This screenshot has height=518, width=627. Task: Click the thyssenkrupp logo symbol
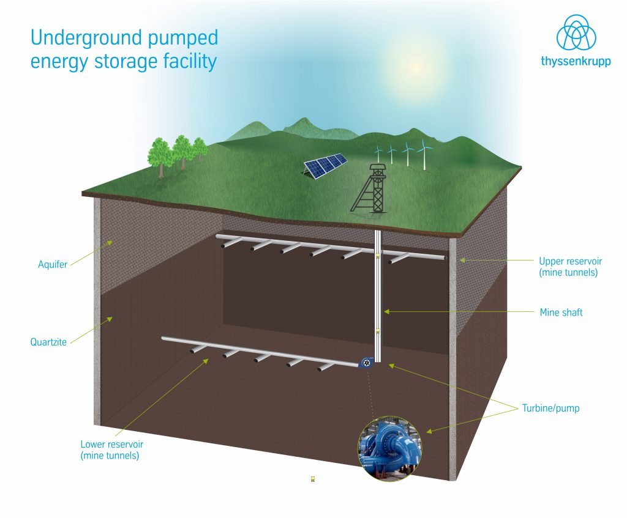click(x=576, y=34)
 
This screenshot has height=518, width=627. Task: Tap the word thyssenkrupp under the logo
click(x=576, y=61)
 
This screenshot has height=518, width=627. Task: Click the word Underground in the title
click(x=81, y=39)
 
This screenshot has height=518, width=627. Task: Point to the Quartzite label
click(x=48, y=342)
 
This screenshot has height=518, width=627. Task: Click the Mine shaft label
click(x=561, y=313)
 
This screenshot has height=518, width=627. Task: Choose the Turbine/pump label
click(x=550, y=408)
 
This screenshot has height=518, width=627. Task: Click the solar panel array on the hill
click(x=326, y=166)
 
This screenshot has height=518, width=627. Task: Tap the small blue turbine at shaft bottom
click(x=366, y=363)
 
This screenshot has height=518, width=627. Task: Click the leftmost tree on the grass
click(x=160, y=155)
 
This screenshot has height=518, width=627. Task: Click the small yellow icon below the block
click(x=312, y=479)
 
